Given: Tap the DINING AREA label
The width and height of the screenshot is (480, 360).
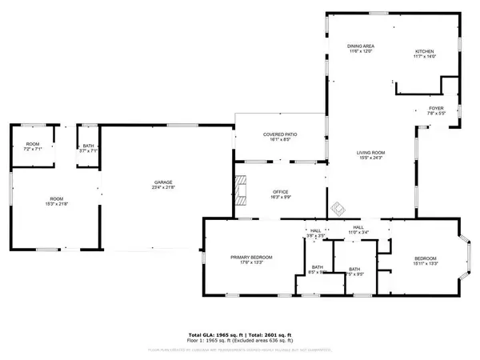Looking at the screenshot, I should [x=361, y=46].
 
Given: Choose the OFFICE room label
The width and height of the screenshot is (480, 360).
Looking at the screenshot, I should [x=279, y=191].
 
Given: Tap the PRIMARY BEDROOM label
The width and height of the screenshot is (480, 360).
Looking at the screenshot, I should [x=252, y=257].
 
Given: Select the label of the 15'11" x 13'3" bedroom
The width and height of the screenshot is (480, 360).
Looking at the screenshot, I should [x=426, y=257].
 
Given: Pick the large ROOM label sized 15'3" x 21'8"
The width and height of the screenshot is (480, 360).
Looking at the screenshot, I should [x=56, y=199].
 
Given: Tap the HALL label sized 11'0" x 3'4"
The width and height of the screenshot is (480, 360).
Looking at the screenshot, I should [x=358, y=228].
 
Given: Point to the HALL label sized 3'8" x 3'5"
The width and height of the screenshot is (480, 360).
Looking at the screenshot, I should [x=316, y=230].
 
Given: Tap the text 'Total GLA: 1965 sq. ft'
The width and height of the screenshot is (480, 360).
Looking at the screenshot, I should [x=217, y=334].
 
